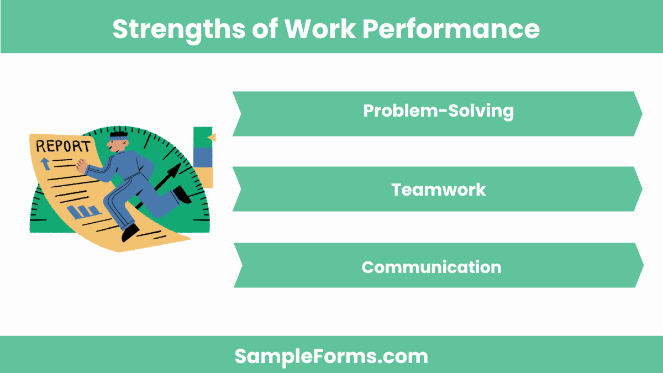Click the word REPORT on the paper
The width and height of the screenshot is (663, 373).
(62, 146)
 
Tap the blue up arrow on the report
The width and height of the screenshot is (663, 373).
(45, 163)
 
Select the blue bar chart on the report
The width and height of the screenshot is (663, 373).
(84, 211)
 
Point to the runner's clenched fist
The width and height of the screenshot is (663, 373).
(82, 166)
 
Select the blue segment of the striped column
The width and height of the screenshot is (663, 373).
(203, 156)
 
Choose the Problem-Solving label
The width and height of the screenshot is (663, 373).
(438, 111)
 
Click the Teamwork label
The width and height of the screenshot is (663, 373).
(438, 190)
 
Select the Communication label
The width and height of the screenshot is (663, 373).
(431, 267)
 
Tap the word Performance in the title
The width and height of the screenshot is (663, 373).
(450, 29)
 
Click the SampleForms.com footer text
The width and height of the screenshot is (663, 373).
(331, 356)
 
